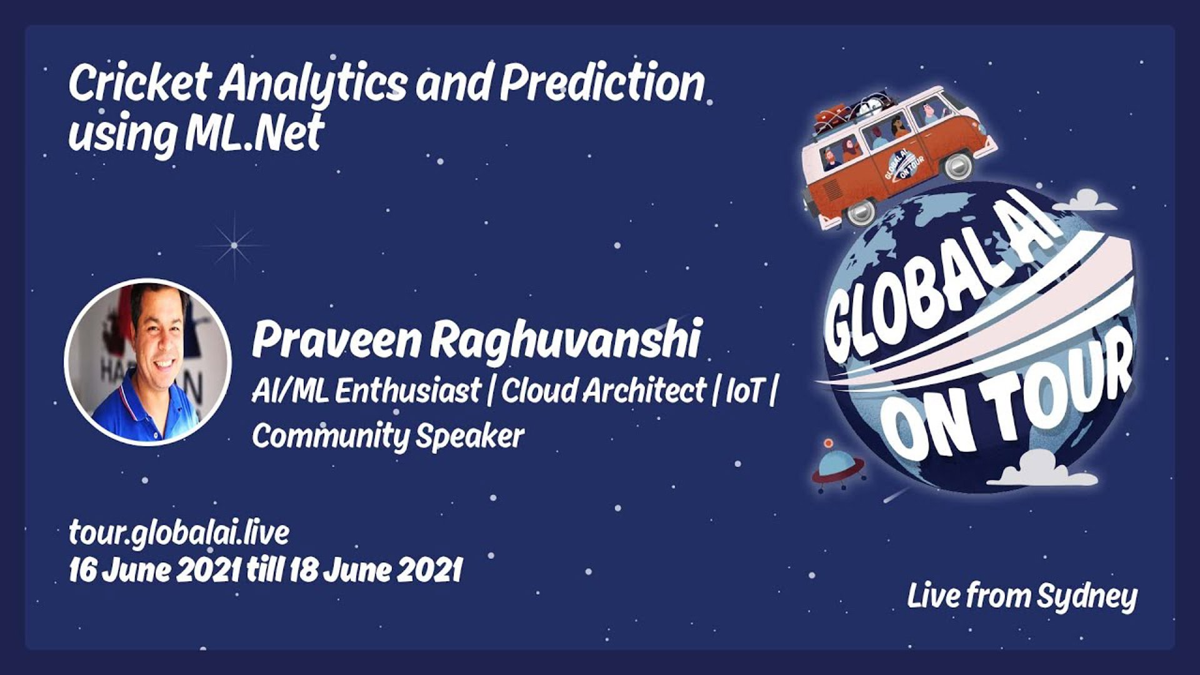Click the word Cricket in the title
(x=139, y=82)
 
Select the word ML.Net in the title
(x=254, y=132)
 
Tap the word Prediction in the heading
(x=602, y=83)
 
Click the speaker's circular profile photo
(x=148, y=362)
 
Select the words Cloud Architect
(x=603, y=391)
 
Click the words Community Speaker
(x=387, y=436)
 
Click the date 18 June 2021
(x=375, y=570)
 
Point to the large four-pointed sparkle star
(x=234, y=245)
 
